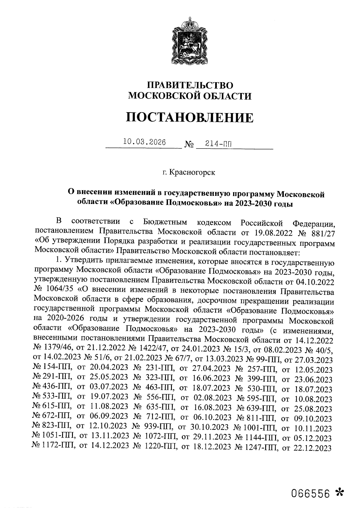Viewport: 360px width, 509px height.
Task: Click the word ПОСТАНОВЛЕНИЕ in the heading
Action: pos(189,117)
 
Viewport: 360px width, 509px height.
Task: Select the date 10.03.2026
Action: pos(145,142)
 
